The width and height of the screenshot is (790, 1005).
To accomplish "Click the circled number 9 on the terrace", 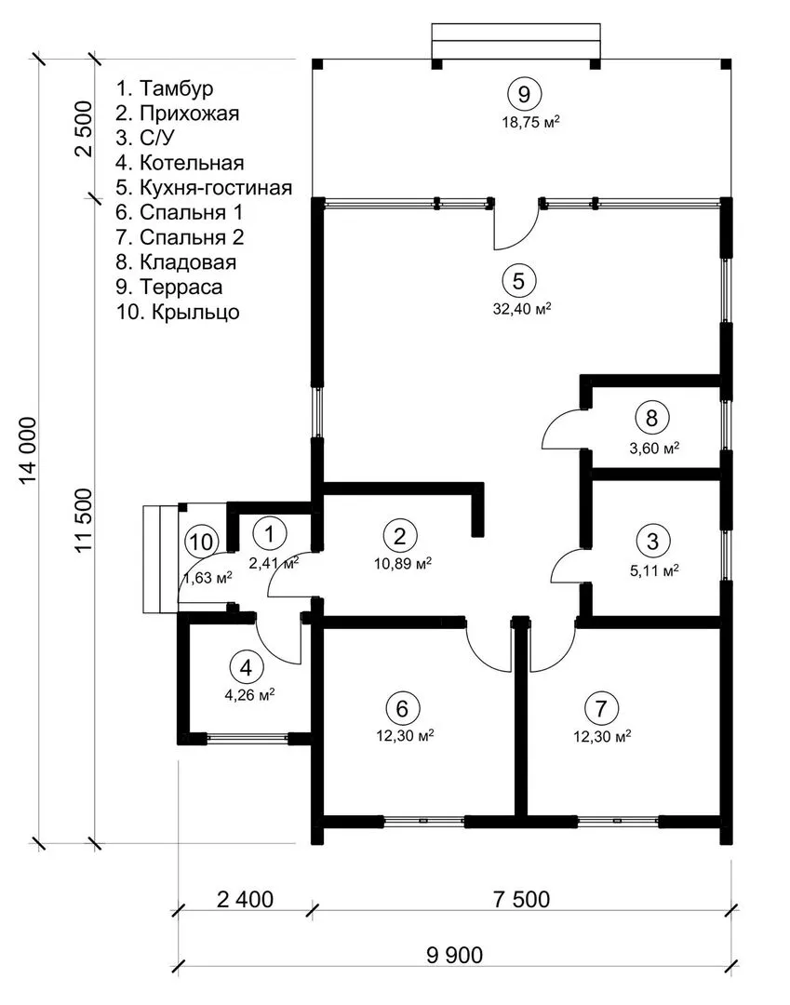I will tap(524, 93).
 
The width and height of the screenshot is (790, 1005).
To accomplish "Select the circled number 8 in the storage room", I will tap(652, 418).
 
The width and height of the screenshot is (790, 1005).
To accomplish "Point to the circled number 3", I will tap(652, 540).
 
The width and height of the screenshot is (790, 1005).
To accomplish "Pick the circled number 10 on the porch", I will tap(200, 541).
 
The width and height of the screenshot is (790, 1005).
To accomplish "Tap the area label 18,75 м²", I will tap(529, 121).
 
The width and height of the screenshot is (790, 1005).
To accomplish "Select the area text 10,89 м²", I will tap(400, 564).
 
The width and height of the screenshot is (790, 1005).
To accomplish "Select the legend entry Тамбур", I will tap(165, 89).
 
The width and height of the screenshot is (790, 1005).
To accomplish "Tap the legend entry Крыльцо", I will tap(178, 312).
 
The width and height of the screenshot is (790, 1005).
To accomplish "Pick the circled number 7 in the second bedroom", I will tap(603, 707).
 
